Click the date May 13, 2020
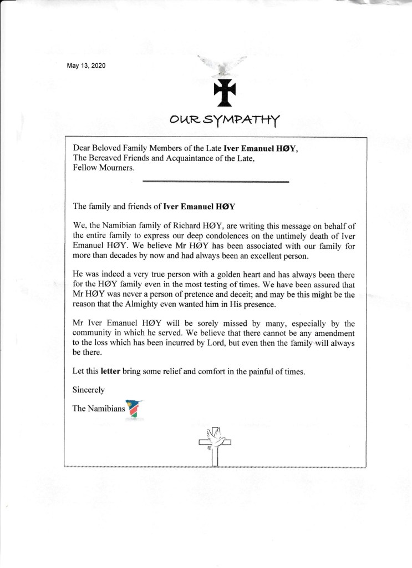point(85,66)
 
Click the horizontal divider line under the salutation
point(216,181)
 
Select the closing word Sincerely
point(89,390)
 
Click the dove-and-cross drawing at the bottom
point(215,445)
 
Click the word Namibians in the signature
point(107,409)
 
